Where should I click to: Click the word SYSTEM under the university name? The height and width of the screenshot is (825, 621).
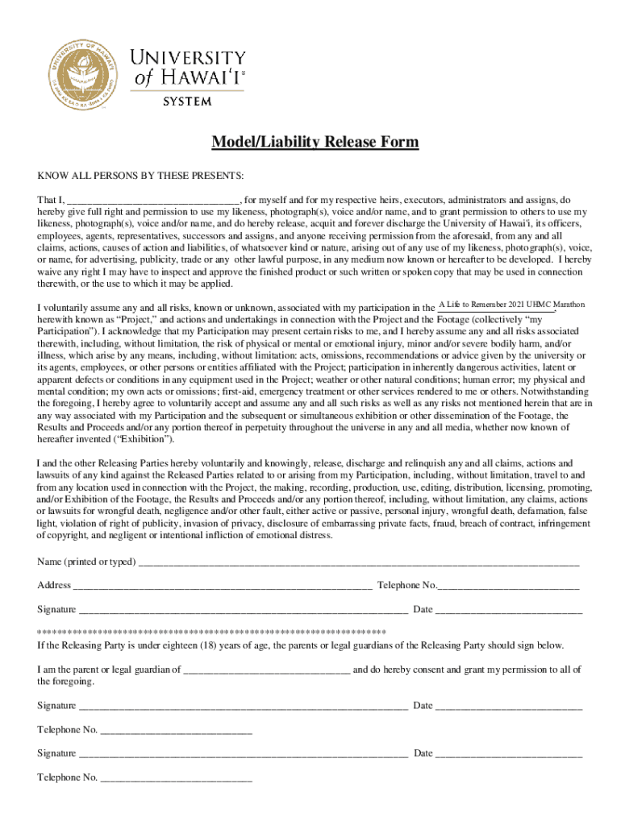tap(188, 102)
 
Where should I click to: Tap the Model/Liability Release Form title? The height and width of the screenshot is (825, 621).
tap(315, 143)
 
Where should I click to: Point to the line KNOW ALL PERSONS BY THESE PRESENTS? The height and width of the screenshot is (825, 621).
tap(140, 176)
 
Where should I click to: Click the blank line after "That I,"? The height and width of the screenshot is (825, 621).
tap(152, 200)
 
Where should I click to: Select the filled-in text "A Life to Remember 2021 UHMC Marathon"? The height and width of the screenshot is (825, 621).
tap(511, 304)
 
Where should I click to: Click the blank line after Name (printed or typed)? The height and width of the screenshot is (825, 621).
tap(359, 562)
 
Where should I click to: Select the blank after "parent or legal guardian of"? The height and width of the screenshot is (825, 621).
tap(267, 670)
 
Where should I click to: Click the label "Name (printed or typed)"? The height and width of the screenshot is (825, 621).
tap(86, 562)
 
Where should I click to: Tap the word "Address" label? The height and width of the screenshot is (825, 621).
tap(54, 585)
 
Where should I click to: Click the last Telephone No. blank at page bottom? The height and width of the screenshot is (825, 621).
tap(177, 777)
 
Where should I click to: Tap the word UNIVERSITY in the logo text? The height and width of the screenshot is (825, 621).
tap(188, 58)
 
